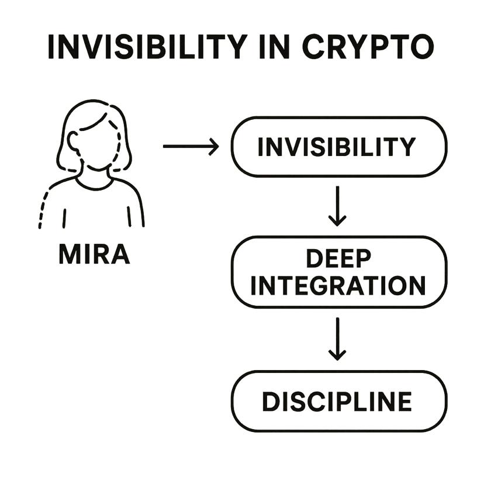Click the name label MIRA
(94, 254)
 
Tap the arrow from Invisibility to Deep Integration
(337, 206)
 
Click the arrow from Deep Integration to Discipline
(337, 339)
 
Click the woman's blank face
(96, 146)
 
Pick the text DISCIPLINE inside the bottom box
(336, 402)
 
